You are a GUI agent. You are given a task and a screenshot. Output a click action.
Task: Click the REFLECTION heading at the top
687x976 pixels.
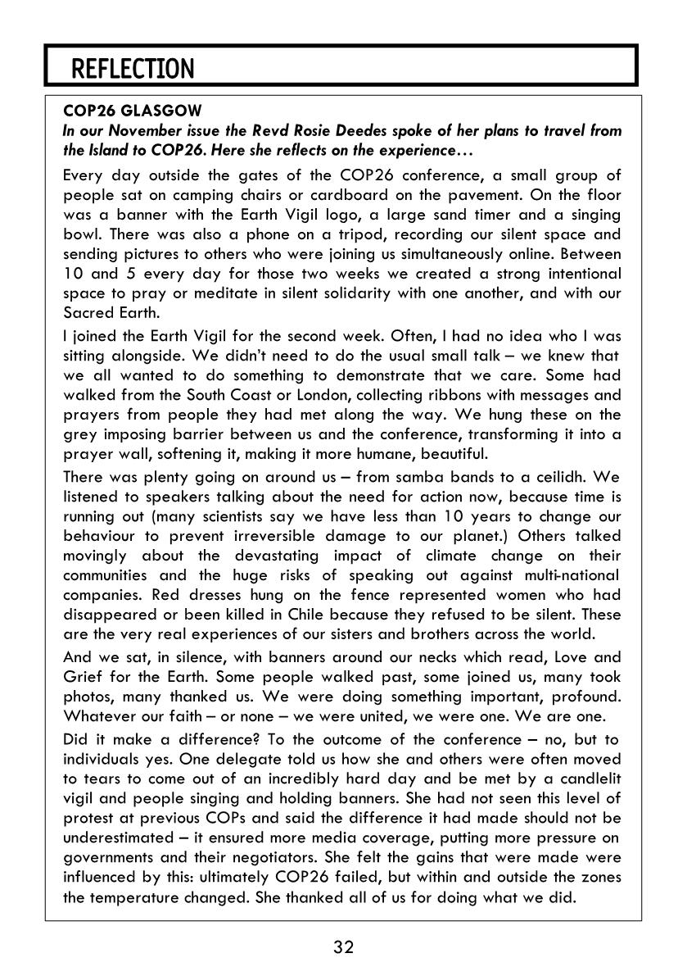(x=133, y=69)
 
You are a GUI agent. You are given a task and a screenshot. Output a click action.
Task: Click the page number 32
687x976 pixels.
(x=343, y=948)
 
